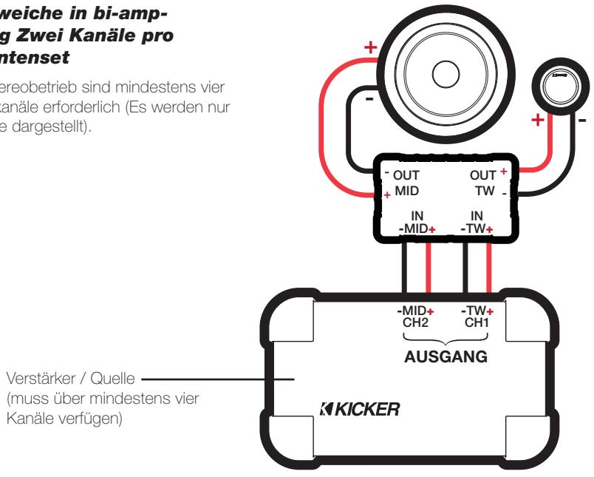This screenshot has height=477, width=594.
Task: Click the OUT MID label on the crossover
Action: pyautogui.click(x=403, y=183)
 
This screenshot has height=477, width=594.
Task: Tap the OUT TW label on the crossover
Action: pyautogui.click(x=485, y=183)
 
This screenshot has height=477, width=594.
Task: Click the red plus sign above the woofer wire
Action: pyautogui.click(x=372, y=49)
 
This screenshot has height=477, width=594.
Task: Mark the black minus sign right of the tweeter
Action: pyautogui.click(x=582, y=121)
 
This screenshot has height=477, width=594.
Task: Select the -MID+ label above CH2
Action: pyautogui.click(x=416, y=311)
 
